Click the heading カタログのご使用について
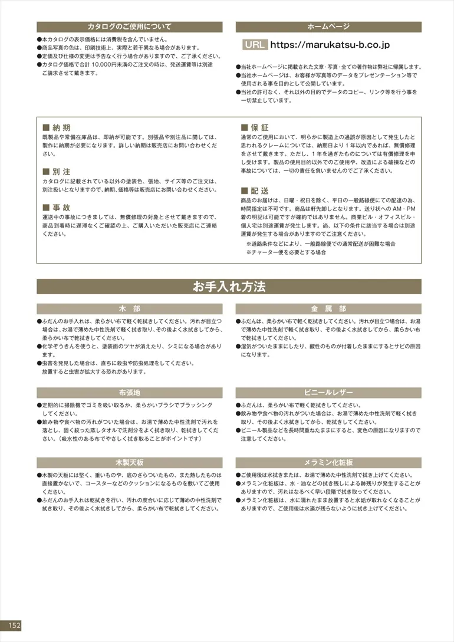pyautogui.click(x=129, y=27)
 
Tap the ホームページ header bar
pyautogui.click(x=328, y=27)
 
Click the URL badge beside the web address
pyautogui.click(x=255, y=45)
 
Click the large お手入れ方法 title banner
pyautogui.click(x=229, y=287)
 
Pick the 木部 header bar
pyautogui.click(x=129, y=309)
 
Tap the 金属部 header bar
pyautogui.click(x=328, y=309)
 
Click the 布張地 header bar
pyautogui.click(x=129, y=393)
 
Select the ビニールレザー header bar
pyautogui.click(x=328, y=393)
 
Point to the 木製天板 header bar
pyautogui.click(x=129, y=462)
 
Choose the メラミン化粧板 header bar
pyautogui.click(x=328, y=462)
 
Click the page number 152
pyautogui.click(x=14, y=625)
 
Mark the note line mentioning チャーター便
pyautogui.click(x=286, y=252)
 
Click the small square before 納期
pyautogui.click(x=46, y=127)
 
